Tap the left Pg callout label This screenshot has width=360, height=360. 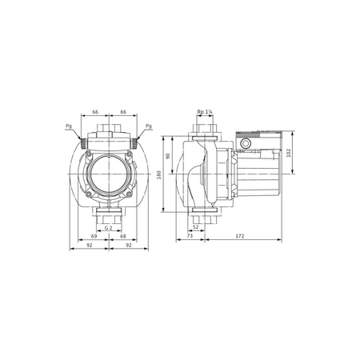tap(69, 126)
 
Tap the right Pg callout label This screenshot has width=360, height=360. tap(150, 126)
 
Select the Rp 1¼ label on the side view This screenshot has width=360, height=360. tap(205, 112)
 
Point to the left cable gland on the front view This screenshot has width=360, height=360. tap(82, 140)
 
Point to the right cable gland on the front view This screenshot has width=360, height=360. tap(135, 140)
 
